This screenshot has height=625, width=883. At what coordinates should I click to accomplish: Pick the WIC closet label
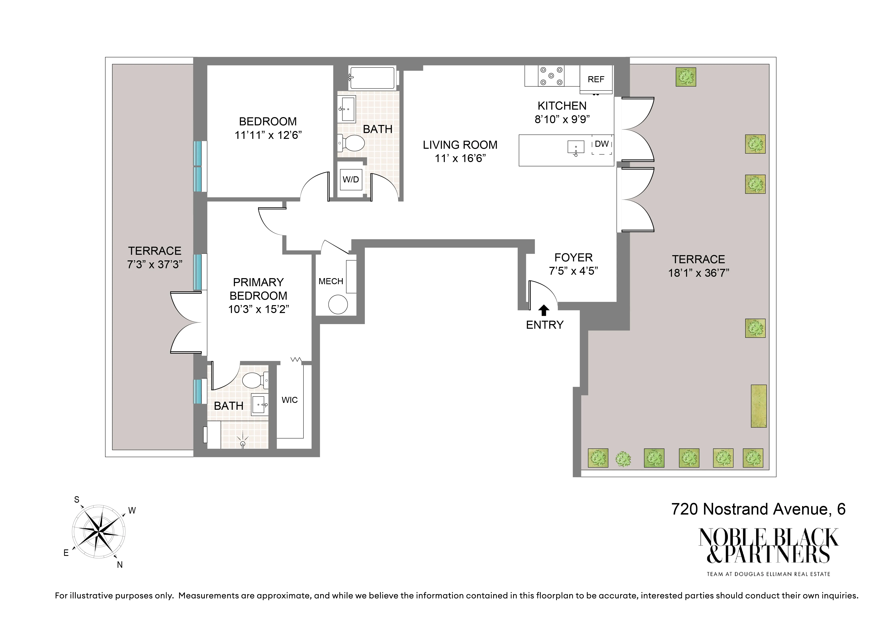(x=290, y=400)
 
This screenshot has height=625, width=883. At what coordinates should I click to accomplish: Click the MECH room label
(x=331, y=281)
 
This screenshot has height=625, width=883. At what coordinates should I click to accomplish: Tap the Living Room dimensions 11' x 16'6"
(x=460, y=158)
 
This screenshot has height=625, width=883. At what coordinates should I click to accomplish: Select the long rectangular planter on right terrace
(x=758, y=406)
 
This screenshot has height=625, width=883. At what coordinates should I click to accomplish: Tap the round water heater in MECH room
(x=338, y=305)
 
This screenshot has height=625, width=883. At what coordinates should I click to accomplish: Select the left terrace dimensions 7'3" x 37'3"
(x=155, y=264)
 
